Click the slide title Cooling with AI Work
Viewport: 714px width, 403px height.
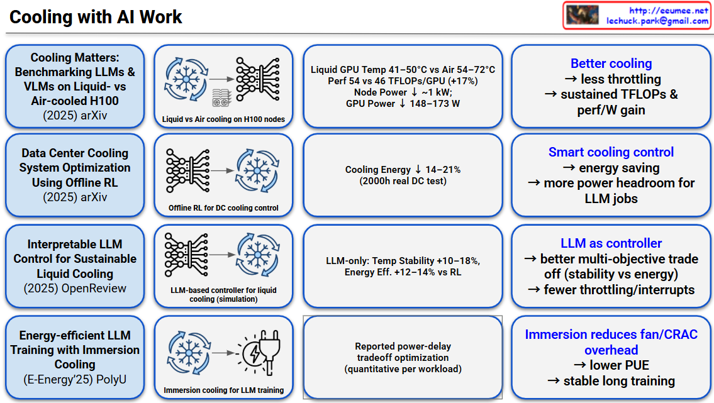click(96, 17)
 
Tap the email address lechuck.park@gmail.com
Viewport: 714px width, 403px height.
click(657, 21)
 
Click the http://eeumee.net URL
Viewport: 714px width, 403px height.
click(669, 10)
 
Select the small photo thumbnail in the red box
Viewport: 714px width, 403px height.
click(582, 15)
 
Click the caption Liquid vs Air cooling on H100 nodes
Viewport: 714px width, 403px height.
click(223, 119)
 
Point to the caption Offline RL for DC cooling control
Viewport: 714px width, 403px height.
click(223, 208)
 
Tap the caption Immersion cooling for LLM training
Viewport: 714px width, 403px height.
click(223, 390)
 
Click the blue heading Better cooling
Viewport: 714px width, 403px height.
click(611, 63)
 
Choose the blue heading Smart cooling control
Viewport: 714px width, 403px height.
click(611, 152)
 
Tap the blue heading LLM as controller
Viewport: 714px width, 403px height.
click(611, 243)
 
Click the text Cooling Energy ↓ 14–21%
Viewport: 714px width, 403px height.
click(403, 170)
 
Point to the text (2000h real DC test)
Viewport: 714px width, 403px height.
click(403, 180)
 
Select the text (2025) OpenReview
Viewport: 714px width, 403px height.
click(75, 289)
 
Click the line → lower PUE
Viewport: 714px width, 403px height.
click(611, 365)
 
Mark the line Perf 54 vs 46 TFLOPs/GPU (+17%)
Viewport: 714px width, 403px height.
click(403, 81)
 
